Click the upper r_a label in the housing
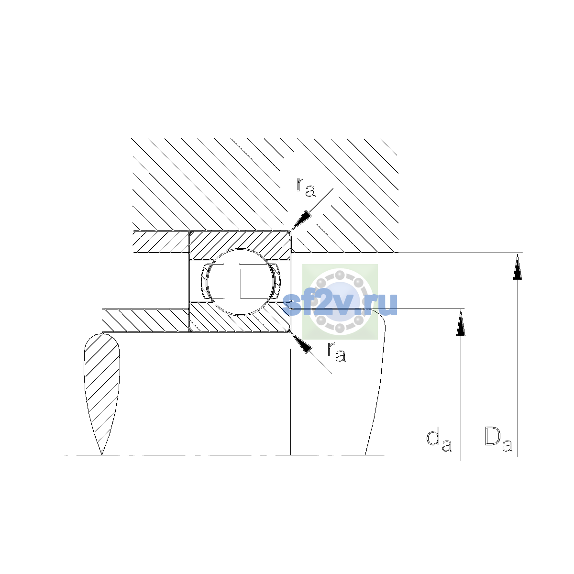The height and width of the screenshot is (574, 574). click(x=306, y=188)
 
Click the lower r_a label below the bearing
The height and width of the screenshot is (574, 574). click(x=337, y=352)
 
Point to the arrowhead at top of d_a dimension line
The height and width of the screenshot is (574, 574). click(x=461, y=322)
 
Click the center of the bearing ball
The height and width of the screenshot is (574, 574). click(x=240, y=282)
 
